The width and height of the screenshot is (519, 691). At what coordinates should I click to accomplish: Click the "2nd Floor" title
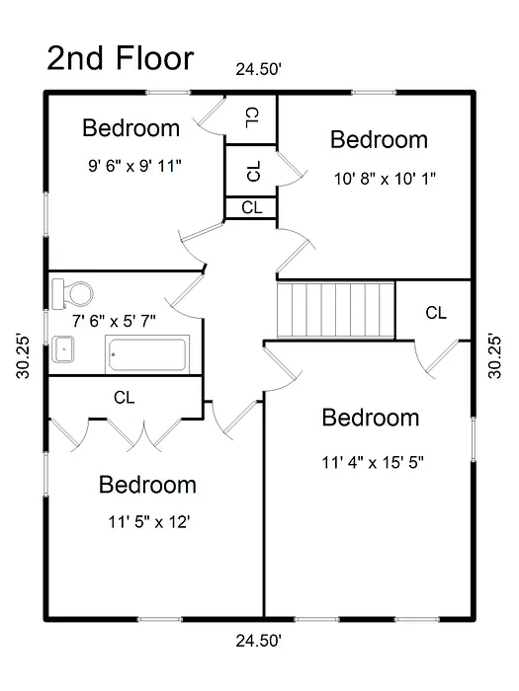[120, 58]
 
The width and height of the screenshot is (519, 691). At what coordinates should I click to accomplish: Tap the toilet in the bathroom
[72, 293]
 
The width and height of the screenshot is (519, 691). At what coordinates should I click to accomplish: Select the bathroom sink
[62, 349]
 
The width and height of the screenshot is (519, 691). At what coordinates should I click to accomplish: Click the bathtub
[147, 354]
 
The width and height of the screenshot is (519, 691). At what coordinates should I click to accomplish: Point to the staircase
[335, 310]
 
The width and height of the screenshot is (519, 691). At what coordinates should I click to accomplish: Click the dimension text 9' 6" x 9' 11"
[134, 166]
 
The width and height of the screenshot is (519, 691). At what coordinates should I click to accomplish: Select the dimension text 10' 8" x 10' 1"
[385, 179]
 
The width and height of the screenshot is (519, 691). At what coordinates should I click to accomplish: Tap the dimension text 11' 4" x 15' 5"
[373, 463]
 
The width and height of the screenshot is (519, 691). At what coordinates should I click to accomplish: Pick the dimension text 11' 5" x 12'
[149, 522]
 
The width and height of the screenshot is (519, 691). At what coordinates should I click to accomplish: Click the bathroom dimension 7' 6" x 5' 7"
[114, 321]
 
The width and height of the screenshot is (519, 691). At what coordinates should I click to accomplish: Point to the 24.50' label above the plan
[259, 69]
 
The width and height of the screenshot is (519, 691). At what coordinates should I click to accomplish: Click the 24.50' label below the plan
[259, 641]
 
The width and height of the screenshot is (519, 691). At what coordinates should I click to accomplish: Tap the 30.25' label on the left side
[23, 357]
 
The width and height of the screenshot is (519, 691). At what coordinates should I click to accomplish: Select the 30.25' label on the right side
[494, 357]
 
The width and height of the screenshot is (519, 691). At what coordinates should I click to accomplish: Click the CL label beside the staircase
[436, 313]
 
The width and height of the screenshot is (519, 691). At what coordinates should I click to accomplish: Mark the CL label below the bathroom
[124, 398]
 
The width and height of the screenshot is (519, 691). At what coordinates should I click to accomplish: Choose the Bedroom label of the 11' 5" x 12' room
[147, 485]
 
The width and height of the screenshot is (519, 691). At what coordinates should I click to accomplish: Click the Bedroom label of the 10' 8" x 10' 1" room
[379, 140]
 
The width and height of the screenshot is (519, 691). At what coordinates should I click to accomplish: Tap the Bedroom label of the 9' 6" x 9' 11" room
[131, 128]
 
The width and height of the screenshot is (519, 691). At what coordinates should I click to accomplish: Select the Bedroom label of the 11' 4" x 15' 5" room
[371, 418]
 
